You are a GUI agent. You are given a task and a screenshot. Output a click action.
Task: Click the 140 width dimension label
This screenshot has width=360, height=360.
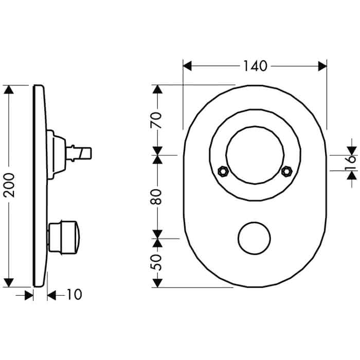(x=255, y=66)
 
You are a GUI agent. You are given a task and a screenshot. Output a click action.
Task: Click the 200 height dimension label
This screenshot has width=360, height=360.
(x=9, y=185)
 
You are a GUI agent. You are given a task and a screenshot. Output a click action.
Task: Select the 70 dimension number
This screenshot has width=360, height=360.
(x=156, y=120)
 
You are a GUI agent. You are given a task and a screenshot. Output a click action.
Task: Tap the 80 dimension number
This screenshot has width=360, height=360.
(x=156, y=197)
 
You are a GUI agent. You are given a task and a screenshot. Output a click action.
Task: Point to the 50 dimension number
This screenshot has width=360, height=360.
(x=156, y=262)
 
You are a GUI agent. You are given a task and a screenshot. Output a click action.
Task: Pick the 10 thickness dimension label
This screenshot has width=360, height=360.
(x=74, y=294)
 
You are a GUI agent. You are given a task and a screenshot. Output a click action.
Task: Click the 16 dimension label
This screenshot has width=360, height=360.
(x=351, y=163)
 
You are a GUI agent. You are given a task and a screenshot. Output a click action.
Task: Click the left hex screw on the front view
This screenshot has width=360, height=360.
(x=223, y=171)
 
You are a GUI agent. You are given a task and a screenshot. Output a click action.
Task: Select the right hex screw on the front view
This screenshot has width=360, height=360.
(x=287, y=171)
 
